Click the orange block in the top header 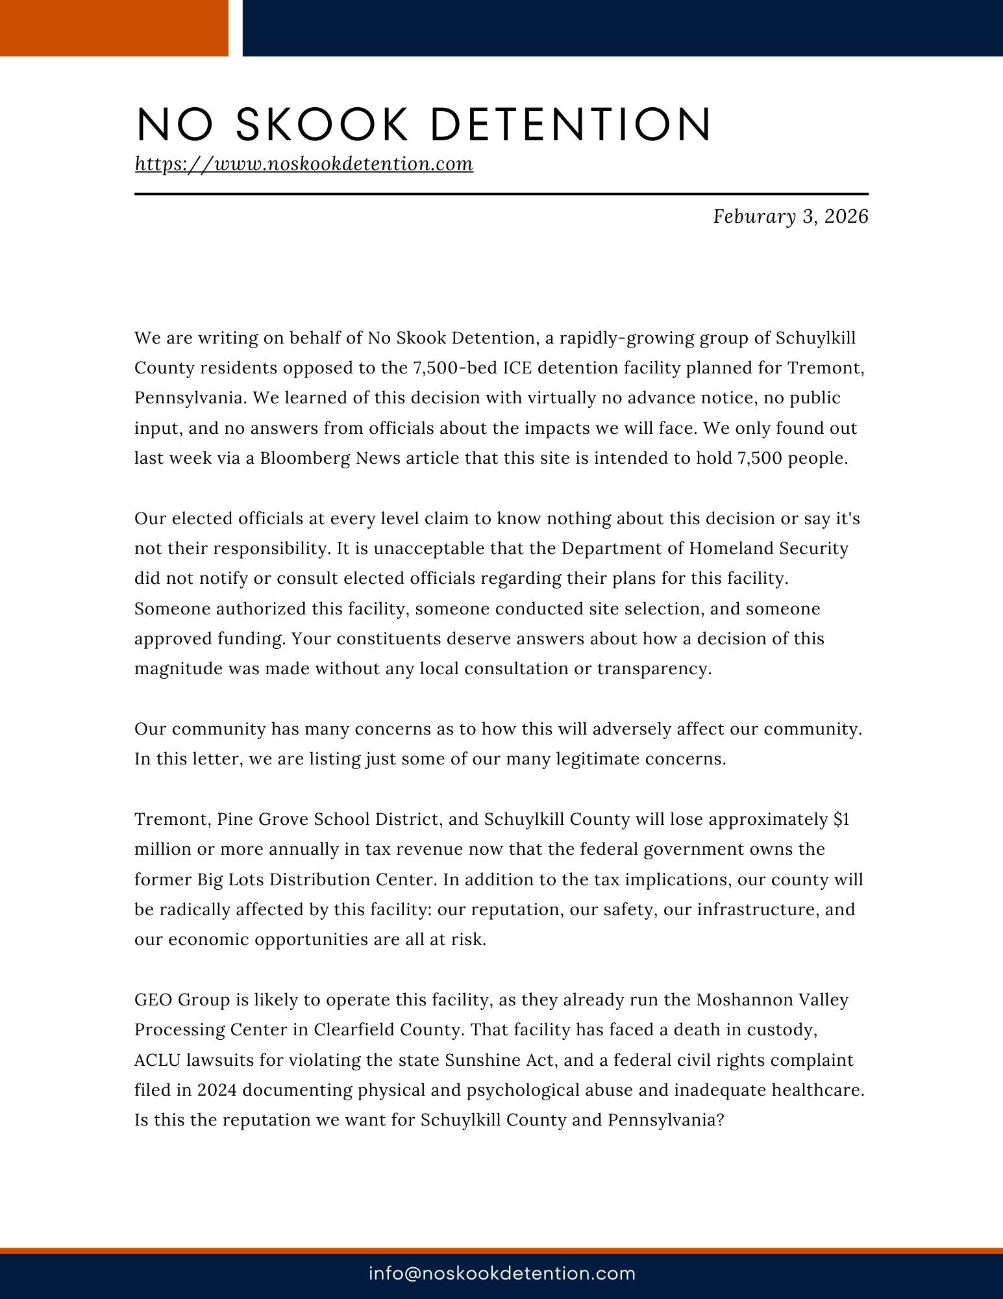[x=114, y=28]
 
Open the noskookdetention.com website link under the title [x=304, y=164]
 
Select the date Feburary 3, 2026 [x=790, y=216]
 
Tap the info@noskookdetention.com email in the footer [x=502, y=1273]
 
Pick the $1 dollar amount [x=841, y=820]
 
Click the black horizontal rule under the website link [x=501, y=194]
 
